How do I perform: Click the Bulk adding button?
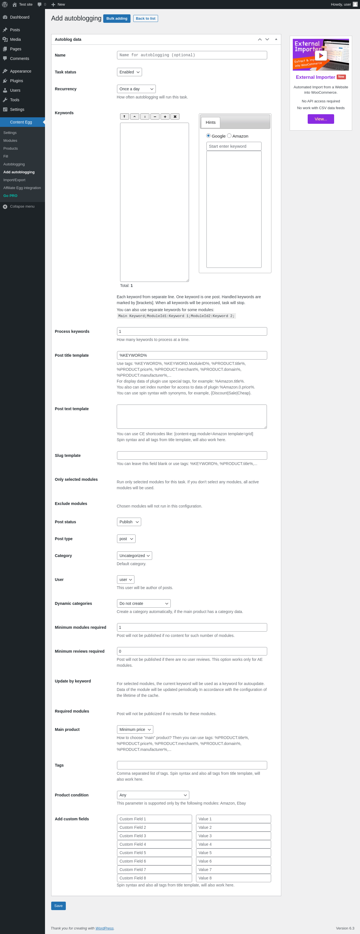pyautogui.click(x=116, y=19)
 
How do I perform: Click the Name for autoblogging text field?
pyautogui.click(x=192, y=55)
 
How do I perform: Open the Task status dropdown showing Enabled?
pyautogui.click(x=129, y=72)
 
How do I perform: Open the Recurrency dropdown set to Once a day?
pyautogui.click(x=136, y=89)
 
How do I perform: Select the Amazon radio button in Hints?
pyautogui.click(x=229, y=136)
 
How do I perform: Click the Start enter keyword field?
pyautogui.click(x=233, y=146)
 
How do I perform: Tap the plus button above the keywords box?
pyautogui.click(x=165, y=117)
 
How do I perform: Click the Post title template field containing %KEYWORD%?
pyautogui.click(x=192, y=355)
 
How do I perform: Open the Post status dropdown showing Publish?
pyautogui.click(x=129, y=522)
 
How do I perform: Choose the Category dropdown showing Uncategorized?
pyautogui.click(x=134, y=555)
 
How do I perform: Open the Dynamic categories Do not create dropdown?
pyautogui.click(x=143, y=603)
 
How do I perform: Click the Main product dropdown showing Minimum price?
pyautogui.click(x=135, y=729)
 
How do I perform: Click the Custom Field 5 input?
pyautogui.click(x=154, y=853)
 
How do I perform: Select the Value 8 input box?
pyautogui.click(x=233, y=878)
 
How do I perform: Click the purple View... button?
pyautogui.click(x=320, y=119)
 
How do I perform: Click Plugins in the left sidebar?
pyautogui.click(x=16, y=81)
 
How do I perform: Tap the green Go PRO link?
pyautogui.click(x=10, y=196)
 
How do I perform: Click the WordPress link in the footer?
pyautogui.click(x=104, y=928)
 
